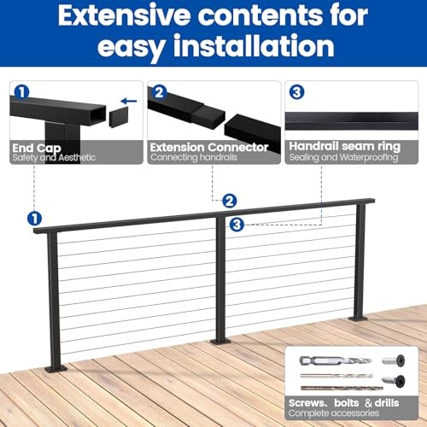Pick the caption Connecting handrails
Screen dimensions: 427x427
click(x=194, y=157)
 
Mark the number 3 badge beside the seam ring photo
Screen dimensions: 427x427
click(x=295, y=91)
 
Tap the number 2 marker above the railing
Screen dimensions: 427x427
click(x=229, y=202)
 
